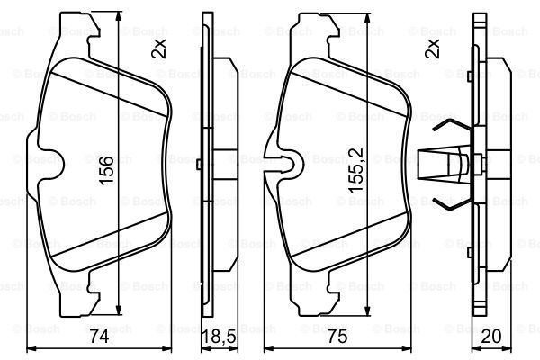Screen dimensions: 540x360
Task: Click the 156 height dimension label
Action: [106, 170]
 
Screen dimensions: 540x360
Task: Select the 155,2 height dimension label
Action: [355, 170]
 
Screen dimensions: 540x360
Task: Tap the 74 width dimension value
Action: [99, 337]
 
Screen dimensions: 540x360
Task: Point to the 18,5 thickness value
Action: [219, 337]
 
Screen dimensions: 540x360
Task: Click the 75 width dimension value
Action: [337, 337]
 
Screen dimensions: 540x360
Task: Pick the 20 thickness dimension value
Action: [490, 337]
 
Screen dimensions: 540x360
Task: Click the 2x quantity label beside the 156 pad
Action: [158, 49]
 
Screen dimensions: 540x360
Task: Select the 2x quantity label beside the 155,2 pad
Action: [433, 48]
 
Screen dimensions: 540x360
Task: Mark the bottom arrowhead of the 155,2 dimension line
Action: [368, 310]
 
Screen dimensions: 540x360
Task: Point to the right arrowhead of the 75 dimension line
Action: [407, 348]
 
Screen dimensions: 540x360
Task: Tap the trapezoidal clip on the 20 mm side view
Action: [445, 165]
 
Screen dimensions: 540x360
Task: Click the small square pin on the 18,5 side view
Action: [199, 165]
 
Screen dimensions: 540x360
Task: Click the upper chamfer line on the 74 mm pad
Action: [110, 94]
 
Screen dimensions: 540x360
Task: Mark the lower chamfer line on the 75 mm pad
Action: [348, 235]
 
